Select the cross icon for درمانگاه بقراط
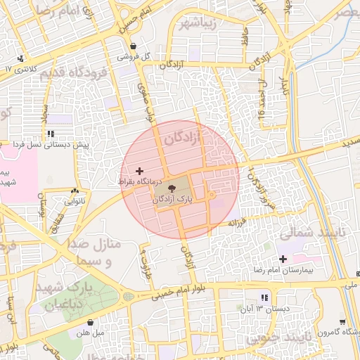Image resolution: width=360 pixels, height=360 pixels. point(139,170)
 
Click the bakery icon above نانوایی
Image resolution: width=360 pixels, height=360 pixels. point(75,191)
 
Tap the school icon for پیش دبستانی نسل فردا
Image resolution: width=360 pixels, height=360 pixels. point(50,133)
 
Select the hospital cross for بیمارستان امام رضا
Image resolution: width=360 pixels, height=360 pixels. point(283,259)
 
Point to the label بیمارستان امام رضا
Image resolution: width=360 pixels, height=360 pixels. point(283,270)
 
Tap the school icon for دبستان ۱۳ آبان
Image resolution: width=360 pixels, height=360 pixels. point(264,297)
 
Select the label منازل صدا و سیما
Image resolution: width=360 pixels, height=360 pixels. point(94,253)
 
